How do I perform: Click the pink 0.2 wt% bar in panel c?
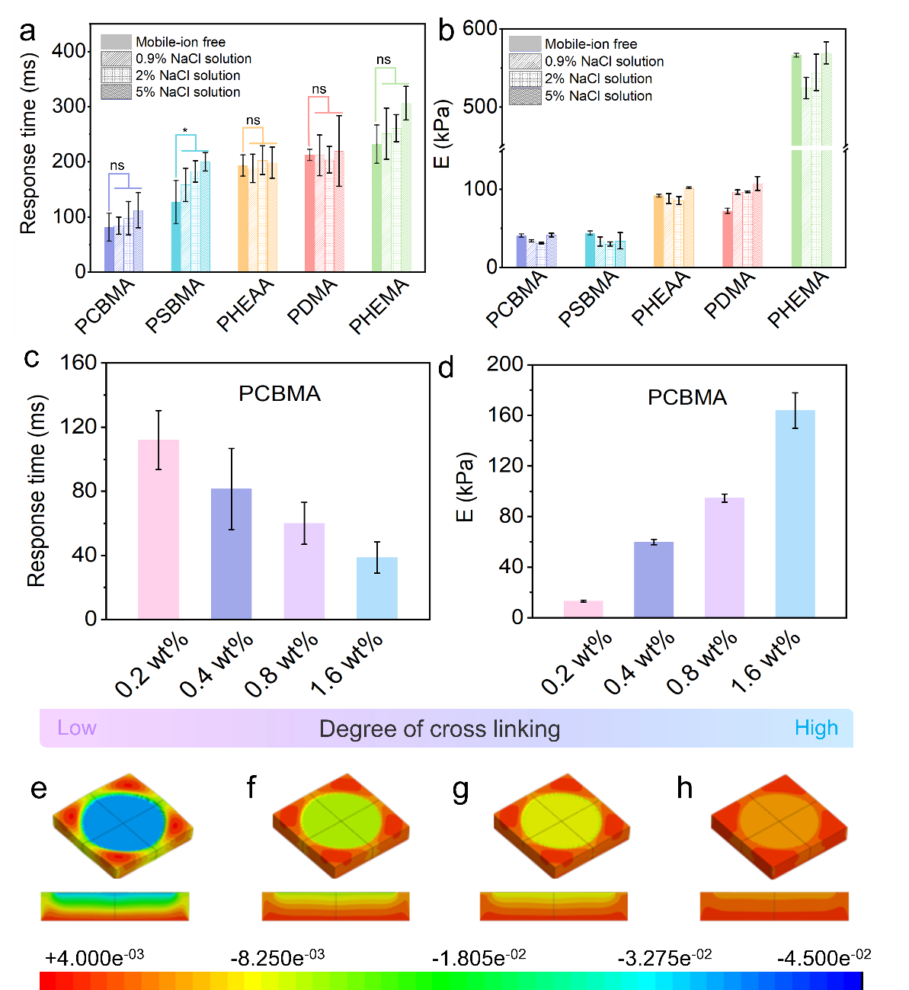158,529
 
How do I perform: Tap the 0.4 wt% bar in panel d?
654,579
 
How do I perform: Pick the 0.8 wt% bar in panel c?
304,570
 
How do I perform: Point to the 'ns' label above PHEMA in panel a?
383,59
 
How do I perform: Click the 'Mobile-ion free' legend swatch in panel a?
116,42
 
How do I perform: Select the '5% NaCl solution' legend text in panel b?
598,96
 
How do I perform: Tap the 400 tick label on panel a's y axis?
69,51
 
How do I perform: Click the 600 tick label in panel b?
480,29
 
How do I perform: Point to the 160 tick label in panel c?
78,363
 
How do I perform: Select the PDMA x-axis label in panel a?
312,302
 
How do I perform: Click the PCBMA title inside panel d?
687,397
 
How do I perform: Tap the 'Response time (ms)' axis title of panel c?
37,491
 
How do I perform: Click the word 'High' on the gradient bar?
816,728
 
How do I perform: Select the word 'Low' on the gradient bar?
77,728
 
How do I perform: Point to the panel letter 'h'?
684,788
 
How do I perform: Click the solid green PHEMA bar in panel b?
796,160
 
